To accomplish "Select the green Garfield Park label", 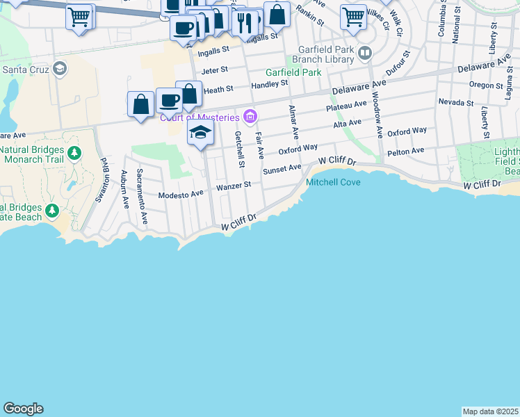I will pyautogui.click(x=293, y=72).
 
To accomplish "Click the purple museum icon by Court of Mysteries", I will pyautogui.click(x=250, y=116).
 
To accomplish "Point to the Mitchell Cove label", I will pyautogui.click(x=332, y=183).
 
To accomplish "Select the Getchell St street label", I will pyautogui.click(x=239, y=149).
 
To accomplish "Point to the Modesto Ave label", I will pyautogui.click(x=181, y=195).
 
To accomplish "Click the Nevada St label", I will pyautogui.click(x=455, y=102).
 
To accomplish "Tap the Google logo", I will pyautogui.click(x=23, y=409).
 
